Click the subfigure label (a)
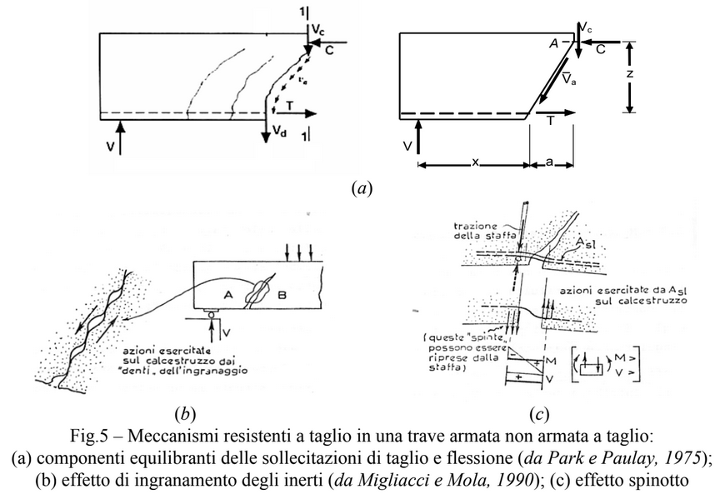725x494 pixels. coord(362,189)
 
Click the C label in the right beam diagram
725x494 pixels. coord(600,49)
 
